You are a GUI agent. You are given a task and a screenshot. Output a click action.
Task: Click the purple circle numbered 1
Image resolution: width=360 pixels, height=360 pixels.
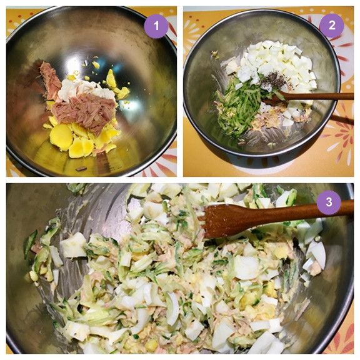156,26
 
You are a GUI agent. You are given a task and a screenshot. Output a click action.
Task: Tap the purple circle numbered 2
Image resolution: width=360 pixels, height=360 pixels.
331,26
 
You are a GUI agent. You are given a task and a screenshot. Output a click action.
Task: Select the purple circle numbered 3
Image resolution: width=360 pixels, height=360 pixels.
329,202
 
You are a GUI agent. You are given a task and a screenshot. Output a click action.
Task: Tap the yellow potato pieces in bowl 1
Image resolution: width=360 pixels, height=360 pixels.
81,140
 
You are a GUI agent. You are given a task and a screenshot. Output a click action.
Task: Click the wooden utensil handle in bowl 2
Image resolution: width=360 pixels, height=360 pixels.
317,96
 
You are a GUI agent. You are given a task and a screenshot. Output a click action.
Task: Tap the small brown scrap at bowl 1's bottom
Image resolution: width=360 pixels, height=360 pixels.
81,169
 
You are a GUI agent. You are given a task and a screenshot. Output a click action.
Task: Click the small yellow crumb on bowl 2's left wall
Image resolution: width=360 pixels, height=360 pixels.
215,54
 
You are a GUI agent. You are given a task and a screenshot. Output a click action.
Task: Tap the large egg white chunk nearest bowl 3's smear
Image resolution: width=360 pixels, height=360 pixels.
74,245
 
